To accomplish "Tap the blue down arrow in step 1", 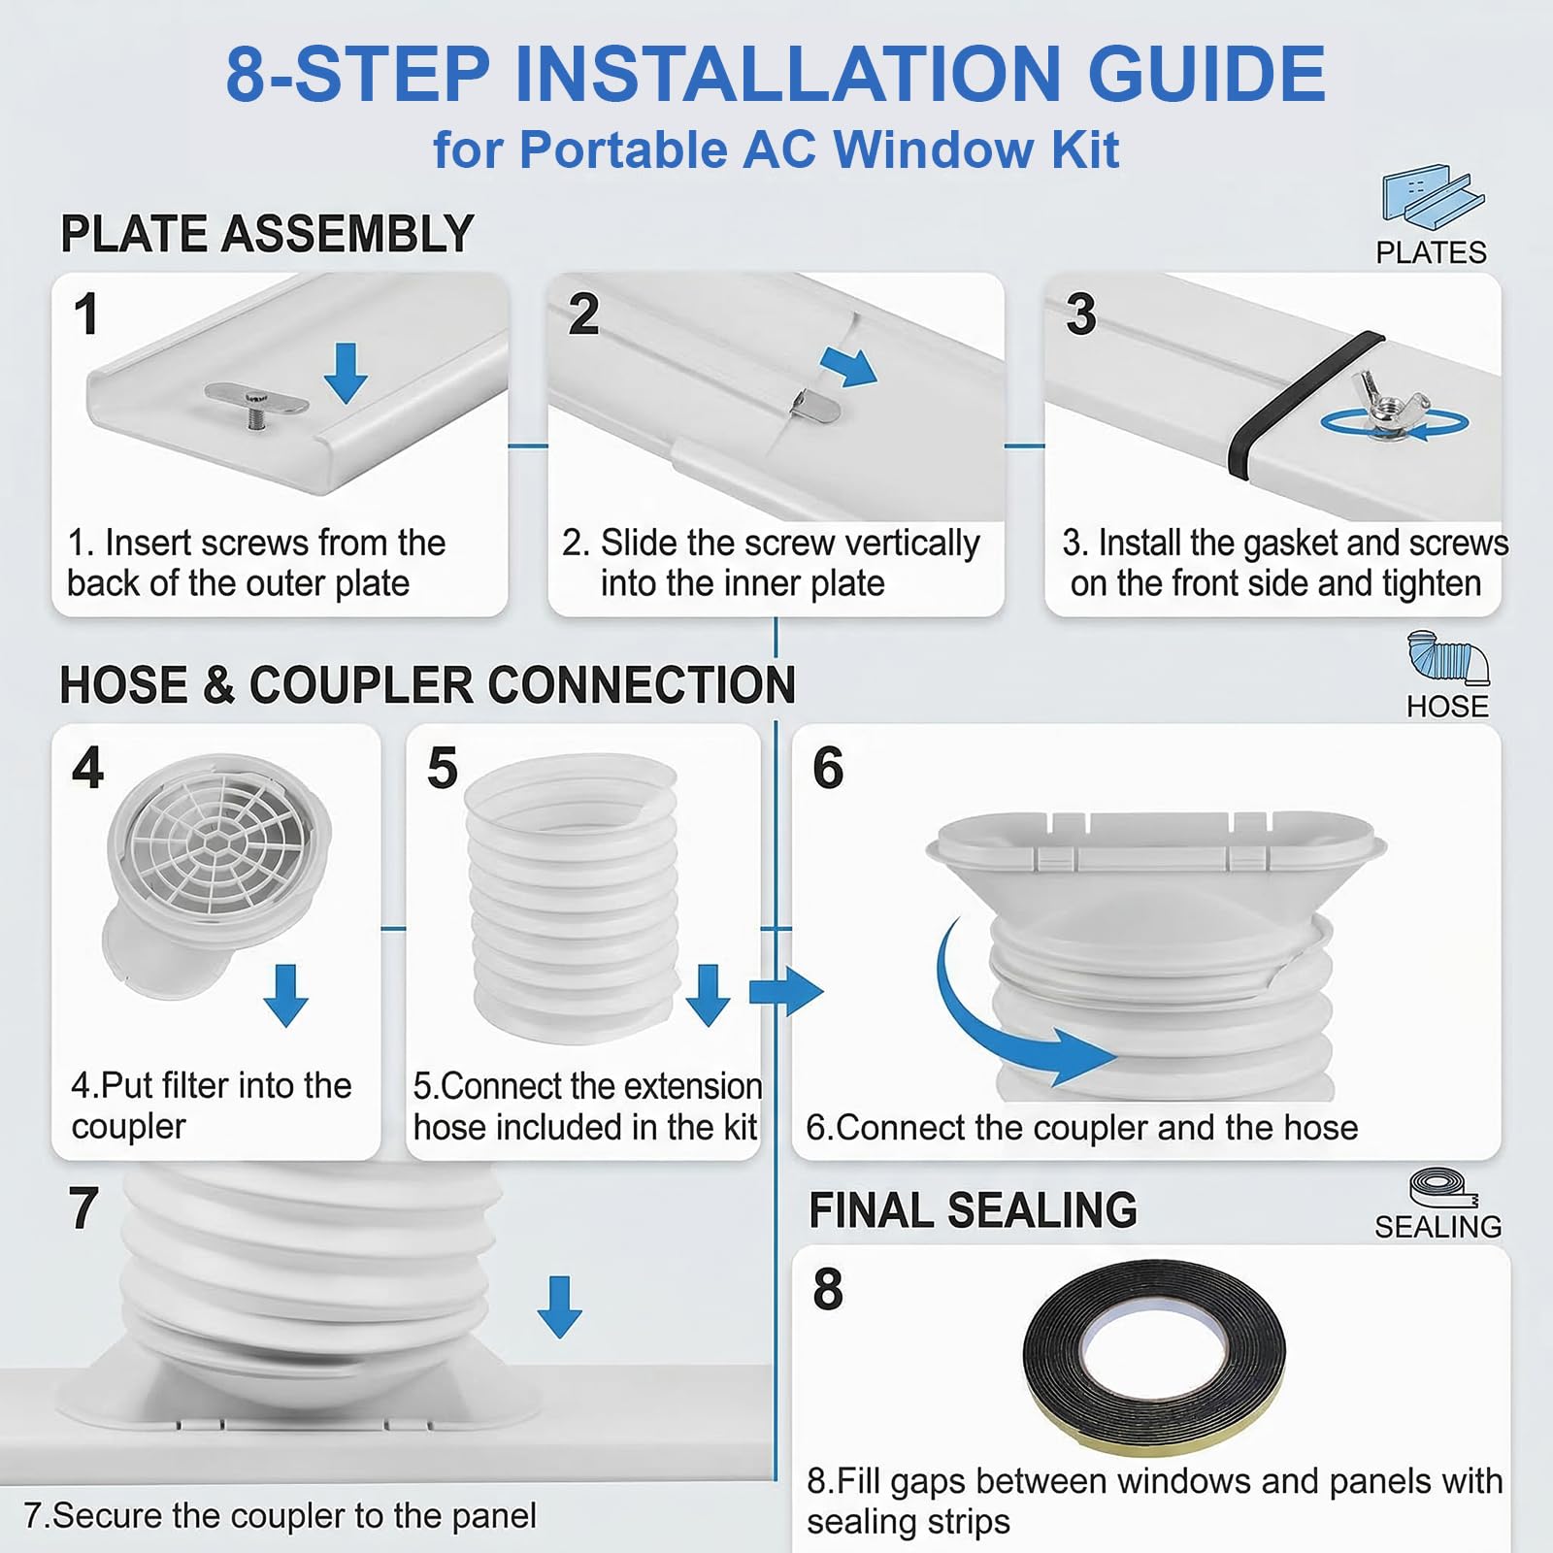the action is (346, 373).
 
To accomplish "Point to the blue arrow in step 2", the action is (848, 366).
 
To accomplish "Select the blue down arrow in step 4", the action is (285, 996).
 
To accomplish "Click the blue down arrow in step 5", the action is (708, 996).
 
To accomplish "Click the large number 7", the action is (83, 1209).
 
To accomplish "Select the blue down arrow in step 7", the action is (559, 1306).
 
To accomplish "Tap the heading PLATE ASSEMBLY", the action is (267, 234).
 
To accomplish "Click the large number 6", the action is (828, 769).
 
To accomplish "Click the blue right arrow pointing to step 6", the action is (786, 991).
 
